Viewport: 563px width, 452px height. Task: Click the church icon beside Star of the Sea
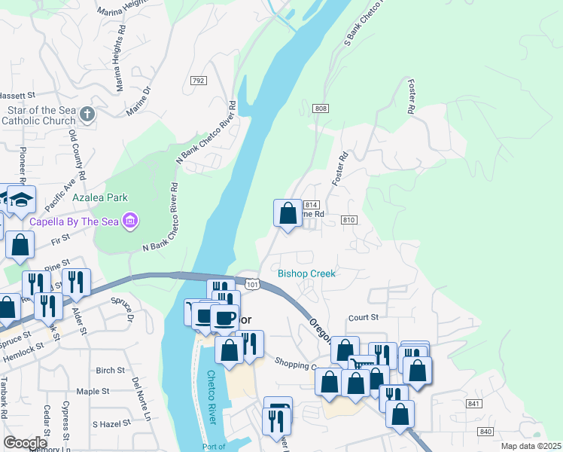[x=87, y=115]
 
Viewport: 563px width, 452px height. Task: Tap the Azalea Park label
[x=100, y=197]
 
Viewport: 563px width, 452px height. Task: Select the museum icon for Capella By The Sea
[x=130, y=221]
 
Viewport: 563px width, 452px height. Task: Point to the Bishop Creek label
[x=306, y=273]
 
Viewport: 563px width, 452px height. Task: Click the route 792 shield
[x=199, y=81]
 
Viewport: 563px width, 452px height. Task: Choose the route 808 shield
[x=321, y=109]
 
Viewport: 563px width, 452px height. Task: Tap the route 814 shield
[x=312, y=205]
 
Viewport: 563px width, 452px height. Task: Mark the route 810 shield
[x=348, y=219]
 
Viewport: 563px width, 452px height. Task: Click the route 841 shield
[x=473, y=405]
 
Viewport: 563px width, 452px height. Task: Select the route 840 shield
[x=485, y=431]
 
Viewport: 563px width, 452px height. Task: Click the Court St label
[x=361, y=318]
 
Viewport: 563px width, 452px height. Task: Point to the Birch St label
[x=110, y=371]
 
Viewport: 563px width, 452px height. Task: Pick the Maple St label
[x=93, y=392]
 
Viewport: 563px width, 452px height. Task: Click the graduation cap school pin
[x=21, y=199]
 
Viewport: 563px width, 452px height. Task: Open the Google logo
[x=26, y=442]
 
